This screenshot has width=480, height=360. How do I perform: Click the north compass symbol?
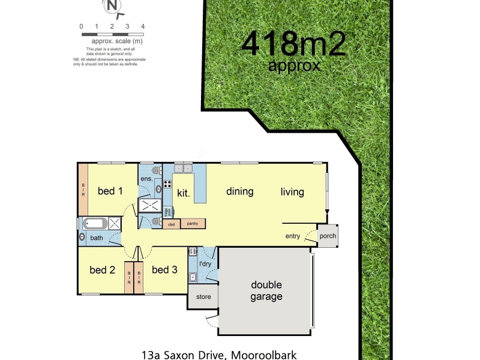[112, 7]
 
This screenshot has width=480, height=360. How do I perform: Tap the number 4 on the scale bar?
[143, 26]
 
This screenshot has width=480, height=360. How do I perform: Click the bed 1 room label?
[110, 191]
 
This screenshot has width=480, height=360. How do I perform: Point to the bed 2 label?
[102, 270]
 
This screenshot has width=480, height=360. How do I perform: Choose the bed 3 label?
[164, 270]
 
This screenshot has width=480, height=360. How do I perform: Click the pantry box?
[193, 224]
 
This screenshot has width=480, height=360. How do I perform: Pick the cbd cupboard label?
[171, 224]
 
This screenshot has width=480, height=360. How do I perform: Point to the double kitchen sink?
[183, 169]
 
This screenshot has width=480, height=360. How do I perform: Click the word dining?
[239, 192]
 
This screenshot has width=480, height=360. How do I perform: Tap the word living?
[292, 192]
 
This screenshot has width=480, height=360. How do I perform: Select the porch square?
[328, 236]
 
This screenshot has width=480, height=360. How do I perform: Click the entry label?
[292, 236]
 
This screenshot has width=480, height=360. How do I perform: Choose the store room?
[203, 296]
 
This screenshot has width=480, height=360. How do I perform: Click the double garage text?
[266, 291]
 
